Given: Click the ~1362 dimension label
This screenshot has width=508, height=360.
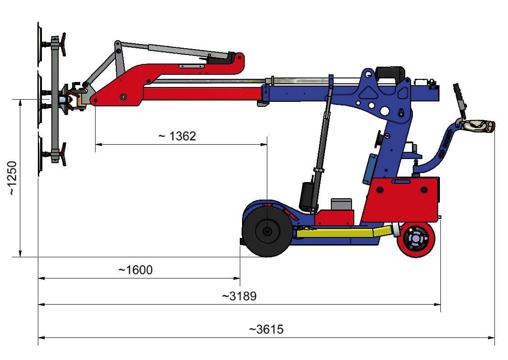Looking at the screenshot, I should [x=177, y=136].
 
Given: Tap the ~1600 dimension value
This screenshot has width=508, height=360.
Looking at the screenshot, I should [x=135, y=270].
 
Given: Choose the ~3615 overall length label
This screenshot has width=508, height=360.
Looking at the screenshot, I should [x=266, y=329].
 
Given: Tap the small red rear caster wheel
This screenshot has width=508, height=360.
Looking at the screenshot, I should [x=416, y=239].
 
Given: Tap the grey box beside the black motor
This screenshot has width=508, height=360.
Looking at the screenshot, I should [x=341, y=204].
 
